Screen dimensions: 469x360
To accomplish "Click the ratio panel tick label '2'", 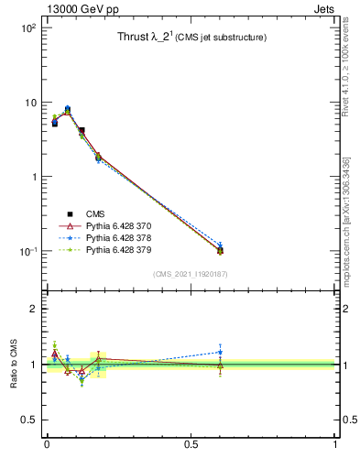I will (34, 309).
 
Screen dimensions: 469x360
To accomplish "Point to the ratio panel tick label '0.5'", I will (28, 420).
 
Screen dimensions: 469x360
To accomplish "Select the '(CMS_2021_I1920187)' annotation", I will (191, 274).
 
